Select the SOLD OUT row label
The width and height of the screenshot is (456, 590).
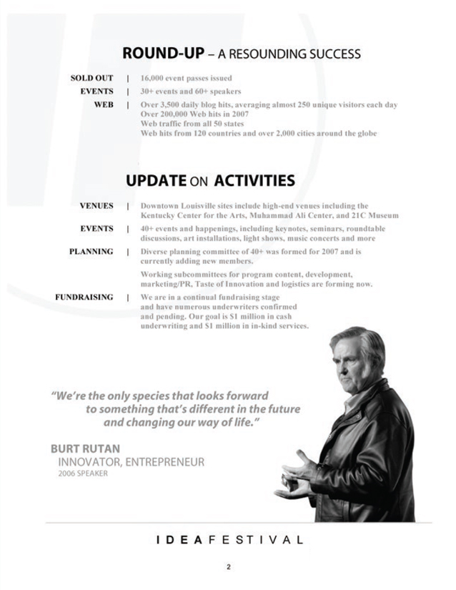click(91, 78)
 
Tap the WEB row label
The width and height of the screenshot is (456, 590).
click(104, 104)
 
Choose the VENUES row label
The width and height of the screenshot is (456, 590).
click(96, 206)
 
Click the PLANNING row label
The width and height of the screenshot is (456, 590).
click(91, 252)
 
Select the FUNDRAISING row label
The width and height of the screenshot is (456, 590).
click(84, 297)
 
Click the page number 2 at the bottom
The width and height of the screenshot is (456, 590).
click(228, 568)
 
